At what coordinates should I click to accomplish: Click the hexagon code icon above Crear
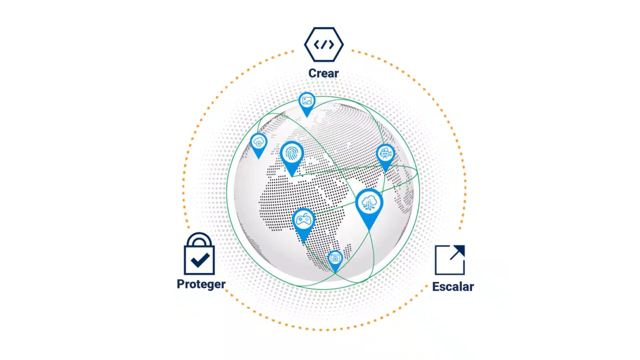tap(323, 44)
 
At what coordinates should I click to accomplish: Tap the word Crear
tap(323, 73)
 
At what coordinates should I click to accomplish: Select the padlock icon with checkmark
tap(199, 253)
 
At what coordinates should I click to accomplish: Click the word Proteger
tap(201, 284)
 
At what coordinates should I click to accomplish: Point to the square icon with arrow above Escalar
tap(450, 260)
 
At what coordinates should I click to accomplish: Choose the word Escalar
tap(453, 286)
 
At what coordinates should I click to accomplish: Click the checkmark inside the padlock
tap(200, 259)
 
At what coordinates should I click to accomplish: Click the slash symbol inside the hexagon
tap(323, 44)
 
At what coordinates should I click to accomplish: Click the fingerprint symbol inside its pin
tap(291, 153)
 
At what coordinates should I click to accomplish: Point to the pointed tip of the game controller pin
tap(303, 243)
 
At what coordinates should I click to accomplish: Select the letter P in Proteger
tap(180, 283)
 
